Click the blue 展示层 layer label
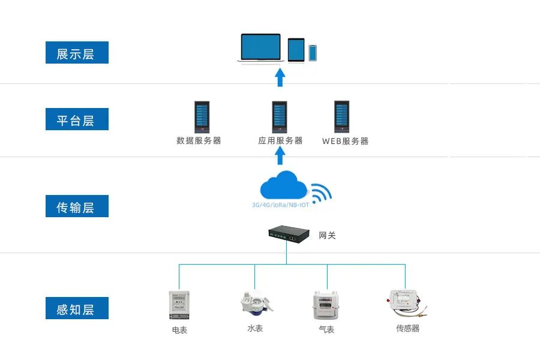77,53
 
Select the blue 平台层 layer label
77,119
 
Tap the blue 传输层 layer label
77,206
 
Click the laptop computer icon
260,48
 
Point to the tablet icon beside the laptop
296,50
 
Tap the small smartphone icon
313,53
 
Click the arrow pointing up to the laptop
280,77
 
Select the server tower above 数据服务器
202,117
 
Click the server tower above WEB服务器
342,117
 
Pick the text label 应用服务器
280,140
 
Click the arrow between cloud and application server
280,157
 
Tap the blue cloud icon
282,185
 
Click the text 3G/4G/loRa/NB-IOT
281,205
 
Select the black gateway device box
289,235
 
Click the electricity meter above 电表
179,305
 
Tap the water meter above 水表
255,304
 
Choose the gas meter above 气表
326,305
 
